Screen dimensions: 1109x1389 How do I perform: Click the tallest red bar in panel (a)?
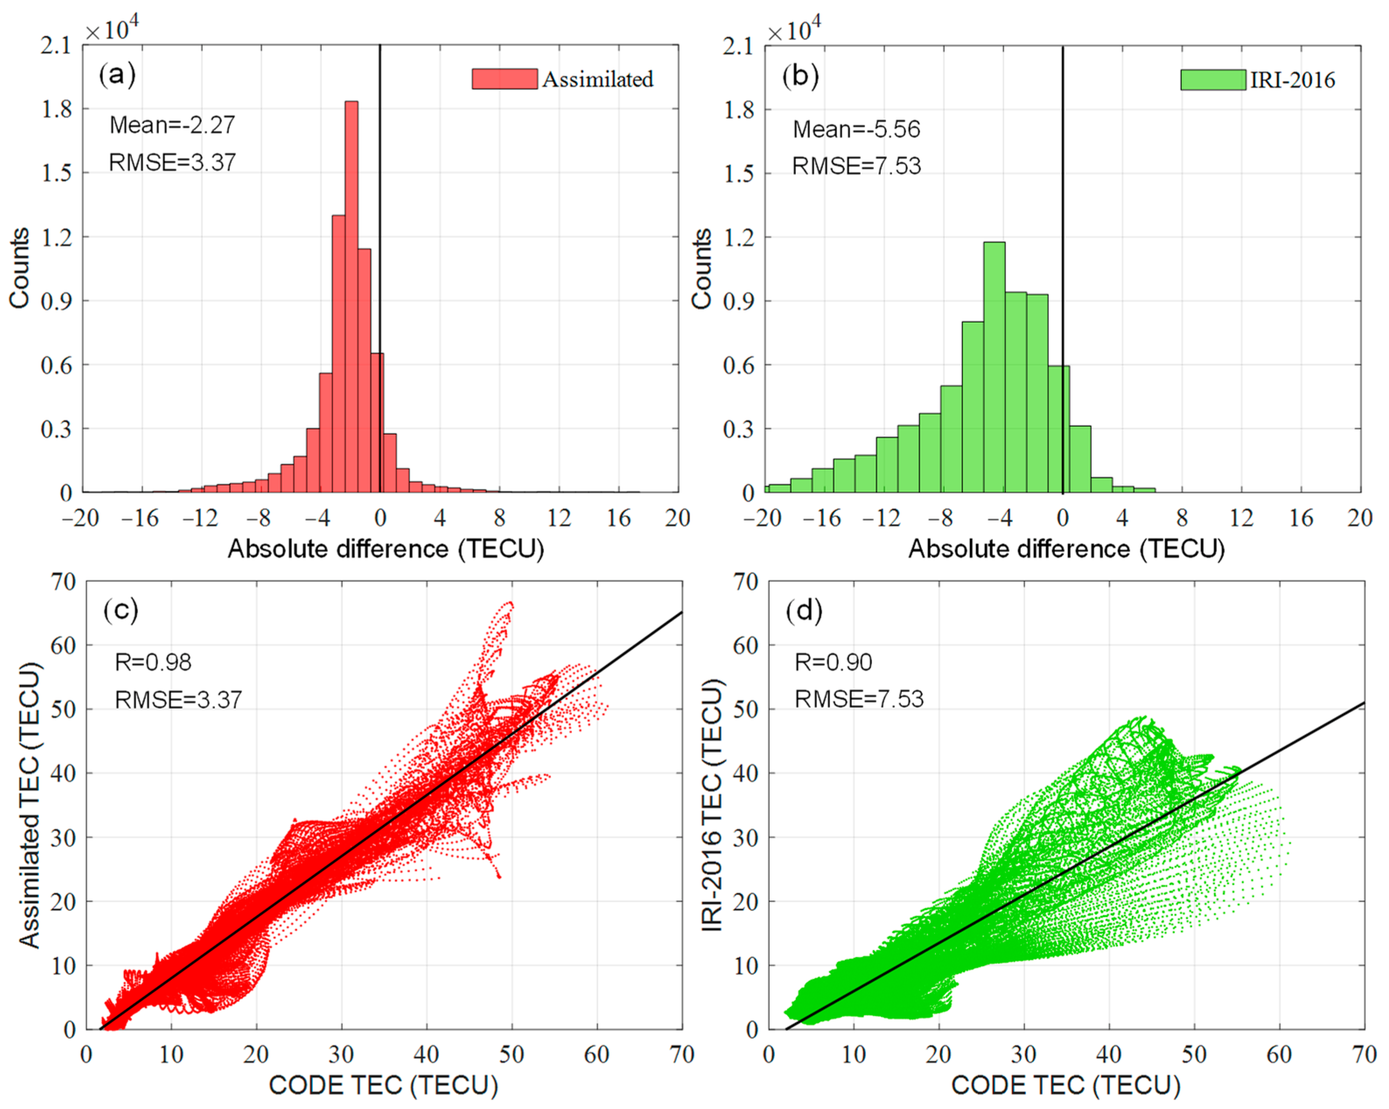pos(351,296)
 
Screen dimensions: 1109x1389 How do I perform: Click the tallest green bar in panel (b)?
pos(994,367)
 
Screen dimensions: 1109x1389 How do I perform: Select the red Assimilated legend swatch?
pos(504,79)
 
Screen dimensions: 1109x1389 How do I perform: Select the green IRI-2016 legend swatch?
pos(1212,80)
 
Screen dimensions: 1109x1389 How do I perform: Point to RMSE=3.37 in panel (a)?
pos(172,162)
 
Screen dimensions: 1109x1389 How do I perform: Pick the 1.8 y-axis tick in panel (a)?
pos(57,109)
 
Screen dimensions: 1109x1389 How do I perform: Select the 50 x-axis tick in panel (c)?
pos(512,1055)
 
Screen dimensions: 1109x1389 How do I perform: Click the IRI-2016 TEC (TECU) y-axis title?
pos(712,805)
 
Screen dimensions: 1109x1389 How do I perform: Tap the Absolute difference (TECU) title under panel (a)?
pos(385,549)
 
